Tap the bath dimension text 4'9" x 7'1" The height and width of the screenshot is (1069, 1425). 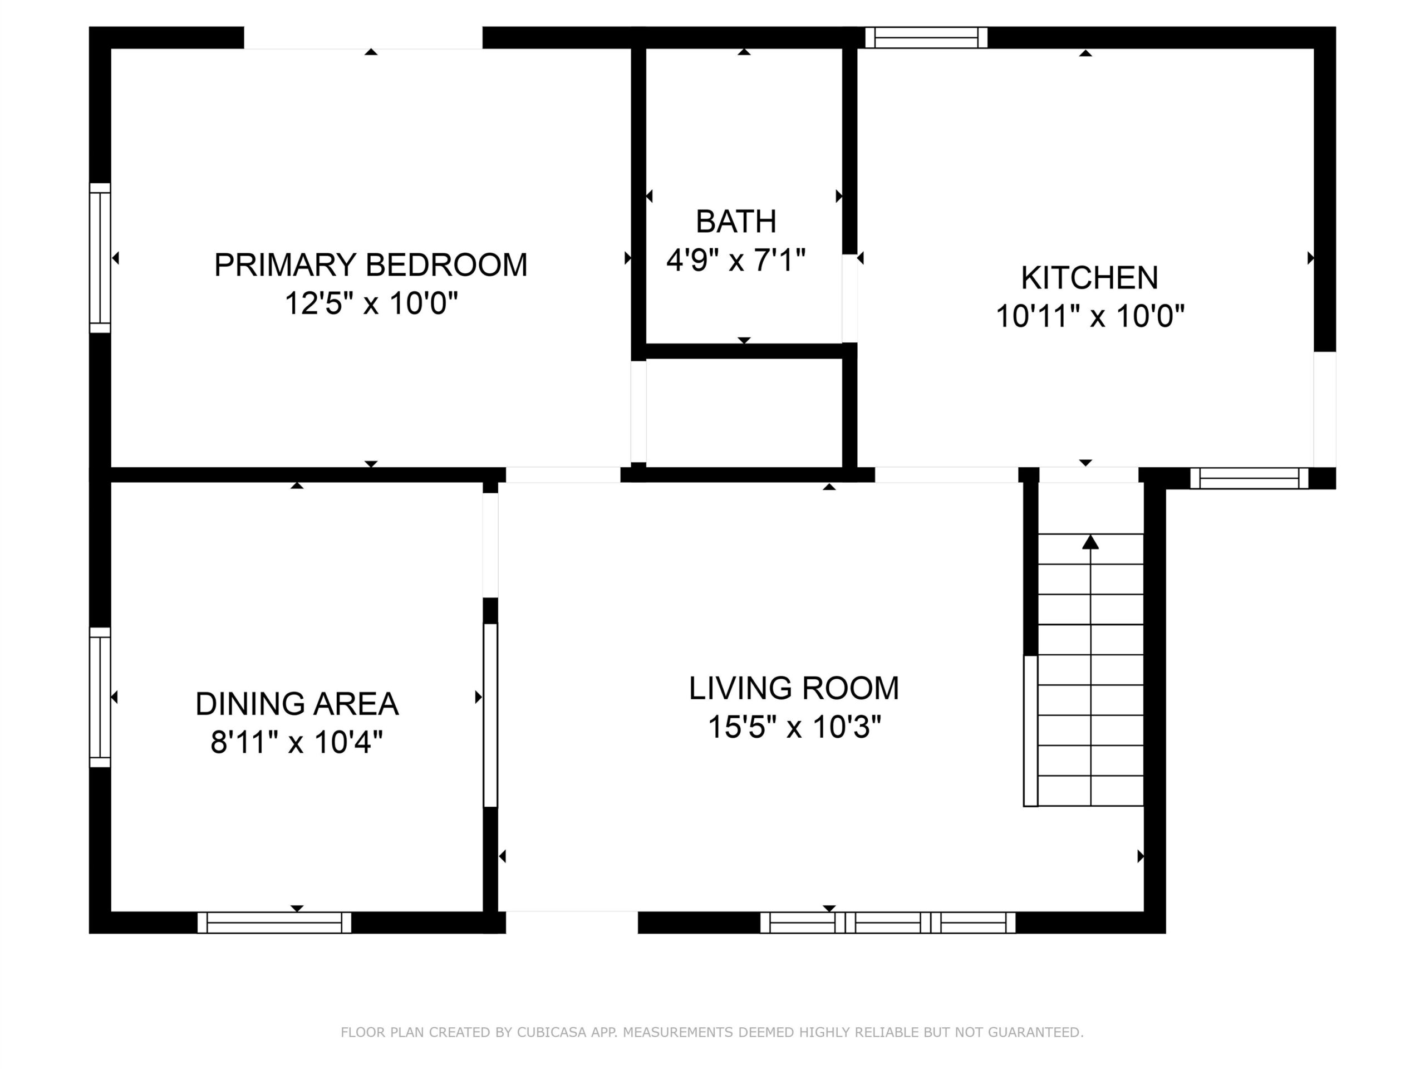coord(736,261)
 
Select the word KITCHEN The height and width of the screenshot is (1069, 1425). coord(1089,278)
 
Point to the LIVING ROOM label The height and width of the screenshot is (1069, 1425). coord(794,688)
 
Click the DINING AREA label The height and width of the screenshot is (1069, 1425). coord(297,704)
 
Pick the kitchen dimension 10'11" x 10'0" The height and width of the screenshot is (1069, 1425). coord(1090,316)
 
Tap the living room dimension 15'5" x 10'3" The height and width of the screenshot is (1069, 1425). coord(794,727)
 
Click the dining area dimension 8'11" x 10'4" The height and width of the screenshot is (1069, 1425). coord(297,742)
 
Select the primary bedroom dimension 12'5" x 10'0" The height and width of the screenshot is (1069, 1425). coord(371,303)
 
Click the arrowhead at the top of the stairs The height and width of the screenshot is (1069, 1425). coord(1090,542)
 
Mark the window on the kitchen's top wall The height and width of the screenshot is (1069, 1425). coord(926,37)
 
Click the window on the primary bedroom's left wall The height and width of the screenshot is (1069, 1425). coord(100,258)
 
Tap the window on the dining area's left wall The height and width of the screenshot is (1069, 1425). coord(100,697)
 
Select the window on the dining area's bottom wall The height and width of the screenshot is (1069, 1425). coord(274,923)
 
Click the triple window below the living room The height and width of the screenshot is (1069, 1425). coord(888,923)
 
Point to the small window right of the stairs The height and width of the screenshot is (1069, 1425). coord(1249,478)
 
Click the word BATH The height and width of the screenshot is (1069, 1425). coord(736,222)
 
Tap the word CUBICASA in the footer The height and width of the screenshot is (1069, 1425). coord(552,1032)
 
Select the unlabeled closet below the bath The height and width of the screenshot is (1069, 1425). coord(744,413)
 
